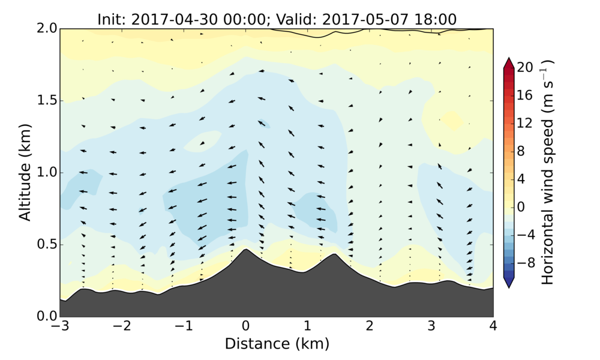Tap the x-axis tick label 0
coord(245,327)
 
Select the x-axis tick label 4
coord(493,327)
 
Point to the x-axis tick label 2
coord(369,327)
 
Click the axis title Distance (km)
coord(277,344)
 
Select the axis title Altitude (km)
coord(25,172)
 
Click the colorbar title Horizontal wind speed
coord(547,172)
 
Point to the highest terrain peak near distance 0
coord(245,249)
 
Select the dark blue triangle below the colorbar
coord(508,283)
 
